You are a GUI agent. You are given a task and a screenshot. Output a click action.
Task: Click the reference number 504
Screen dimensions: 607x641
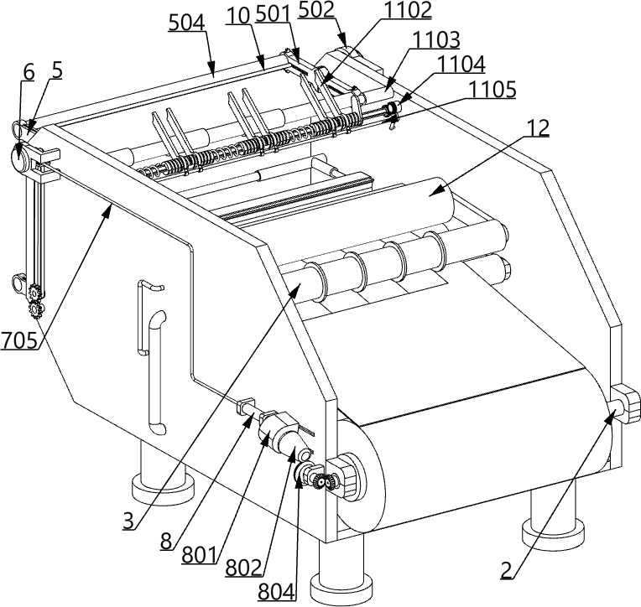tap(185, 23)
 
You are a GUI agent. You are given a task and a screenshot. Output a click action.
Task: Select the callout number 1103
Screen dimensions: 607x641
tap(436, 39)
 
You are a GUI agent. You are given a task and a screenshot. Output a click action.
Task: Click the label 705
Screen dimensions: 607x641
tap(19, 341)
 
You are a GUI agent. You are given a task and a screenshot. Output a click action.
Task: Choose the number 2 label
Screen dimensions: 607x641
tap(506, 571)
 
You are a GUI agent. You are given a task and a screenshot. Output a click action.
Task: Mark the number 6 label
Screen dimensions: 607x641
tap(29, 72)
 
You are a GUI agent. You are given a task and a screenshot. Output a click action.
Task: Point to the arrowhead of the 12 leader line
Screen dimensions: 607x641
tap(430, 195)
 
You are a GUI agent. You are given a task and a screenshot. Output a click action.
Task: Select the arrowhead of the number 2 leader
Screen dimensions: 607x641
tap(611, 412)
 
